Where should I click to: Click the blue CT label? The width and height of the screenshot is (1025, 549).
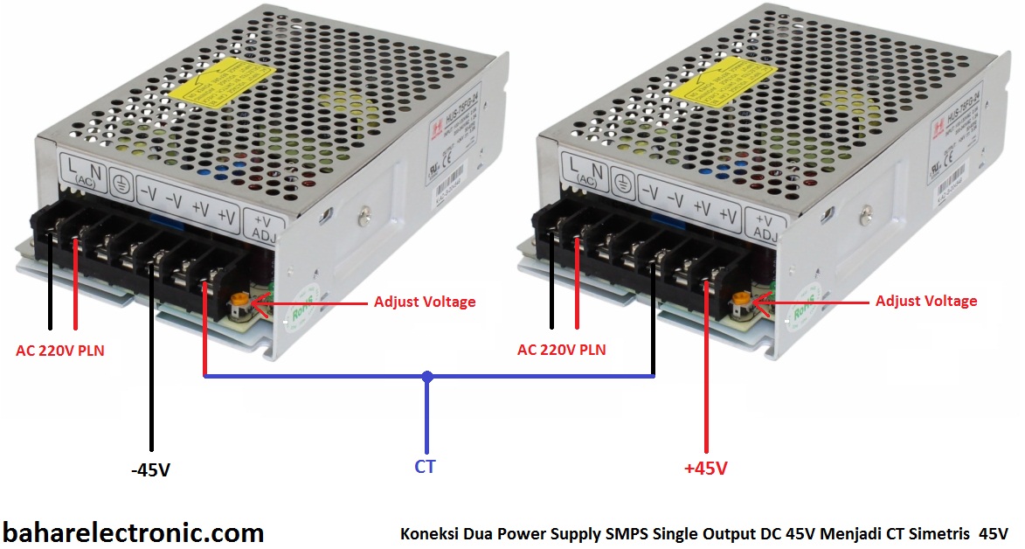(425, 467)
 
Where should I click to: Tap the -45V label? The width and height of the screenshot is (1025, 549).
(149, 470)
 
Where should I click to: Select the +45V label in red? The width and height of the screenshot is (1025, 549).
(706, 469)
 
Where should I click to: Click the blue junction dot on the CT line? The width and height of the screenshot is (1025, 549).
(426, 377)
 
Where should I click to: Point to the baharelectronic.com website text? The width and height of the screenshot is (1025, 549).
(133, 532)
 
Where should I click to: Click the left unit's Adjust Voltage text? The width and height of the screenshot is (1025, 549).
(425, 302)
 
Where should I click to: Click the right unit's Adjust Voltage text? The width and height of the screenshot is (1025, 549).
(926, 301)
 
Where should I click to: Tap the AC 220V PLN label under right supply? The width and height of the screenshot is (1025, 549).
(561, 350)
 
